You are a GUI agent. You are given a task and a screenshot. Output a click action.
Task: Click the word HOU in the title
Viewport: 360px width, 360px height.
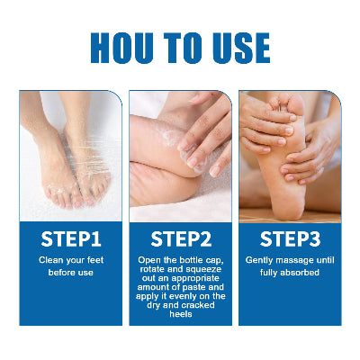coord(122,48)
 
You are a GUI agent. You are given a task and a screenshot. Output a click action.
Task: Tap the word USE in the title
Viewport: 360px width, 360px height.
coord(241,48)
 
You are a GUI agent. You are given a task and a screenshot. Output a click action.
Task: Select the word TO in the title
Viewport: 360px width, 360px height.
coord(183,48)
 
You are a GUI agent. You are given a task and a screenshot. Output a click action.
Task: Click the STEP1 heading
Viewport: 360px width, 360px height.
coord(71,239)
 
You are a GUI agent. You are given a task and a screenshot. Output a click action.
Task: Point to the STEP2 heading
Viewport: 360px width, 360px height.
coord(181,239)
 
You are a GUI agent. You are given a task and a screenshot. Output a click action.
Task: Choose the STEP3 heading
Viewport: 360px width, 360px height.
coord(290,239)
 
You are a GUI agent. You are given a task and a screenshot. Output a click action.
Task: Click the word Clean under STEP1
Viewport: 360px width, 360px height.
coord(50,260)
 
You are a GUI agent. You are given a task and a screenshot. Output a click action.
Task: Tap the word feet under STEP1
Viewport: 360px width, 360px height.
coord(95,260)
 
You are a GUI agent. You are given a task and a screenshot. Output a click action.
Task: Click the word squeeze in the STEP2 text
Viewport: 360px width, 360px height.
coord(203,269)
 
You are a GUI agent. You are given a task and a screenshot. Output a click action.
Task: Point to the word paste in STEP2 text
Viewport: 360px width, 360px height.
coord(195,287)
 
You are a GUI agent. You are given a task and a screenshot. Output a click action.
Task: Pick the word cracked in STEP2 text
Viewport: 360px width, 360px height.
coord(198,305)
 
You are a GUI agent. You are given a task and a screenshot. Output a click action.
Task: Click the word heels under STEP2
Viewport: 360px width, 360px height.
coord(181,314)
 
